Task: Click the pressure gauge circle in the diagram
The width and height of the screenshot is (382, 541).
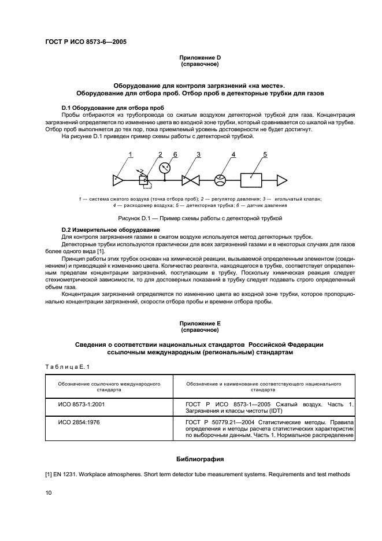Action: pyautogui.click(x=165, y=168)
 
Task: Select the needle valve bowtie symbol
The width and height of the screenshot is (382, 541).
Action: pyautogui.click(x=190, y=180)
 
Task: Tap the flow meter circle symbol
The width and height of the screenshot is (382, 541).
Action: pyautogui.click(x=219, y=180)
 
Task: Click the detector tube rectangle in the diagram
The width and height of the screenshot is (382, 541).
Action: pyautogui.click(x=251, y=180)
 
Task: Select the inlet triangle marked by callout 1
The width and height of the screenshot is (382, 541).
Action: pyautogui.click(x=118, y=180)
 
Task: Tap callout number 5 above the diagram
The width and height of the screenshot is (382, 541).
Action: pyautogui.click(x=265, y=154)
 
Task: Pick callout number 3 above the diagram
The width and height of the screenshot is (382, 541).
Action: pyautogui.click(x=198, y=154)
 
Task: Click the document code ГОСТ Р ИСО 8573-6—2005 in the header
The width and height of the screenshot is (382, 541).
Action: pyautogui.click(x=86, y=42)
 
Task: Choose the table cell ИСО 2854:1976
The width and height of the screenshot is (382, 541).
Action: pyautogui.click(x=79, y=423)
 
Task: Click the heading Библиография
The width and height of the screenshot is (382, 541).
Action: pyautogui.click(x=199, y=459)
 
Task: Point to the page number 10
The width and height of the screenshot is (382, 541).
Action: pyautogui.click(x=49, y=492)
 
